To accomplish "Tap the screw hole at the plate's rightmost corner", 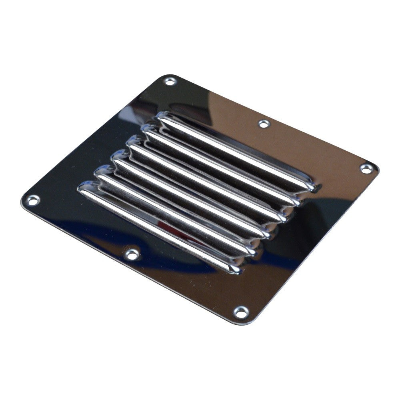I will coord(366,168).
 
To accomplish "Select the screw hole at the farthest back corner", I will coord(170,81).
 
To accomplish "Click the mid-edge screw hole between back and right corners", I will coord(264,124).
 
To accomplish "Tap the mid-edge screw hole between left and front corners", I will coord(132,254).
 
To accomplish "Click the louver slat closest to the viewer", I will coord(160,228).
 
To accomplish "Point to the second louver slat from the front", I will coord(176,212).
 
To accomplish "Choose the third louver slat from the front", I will coord(192,196).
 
